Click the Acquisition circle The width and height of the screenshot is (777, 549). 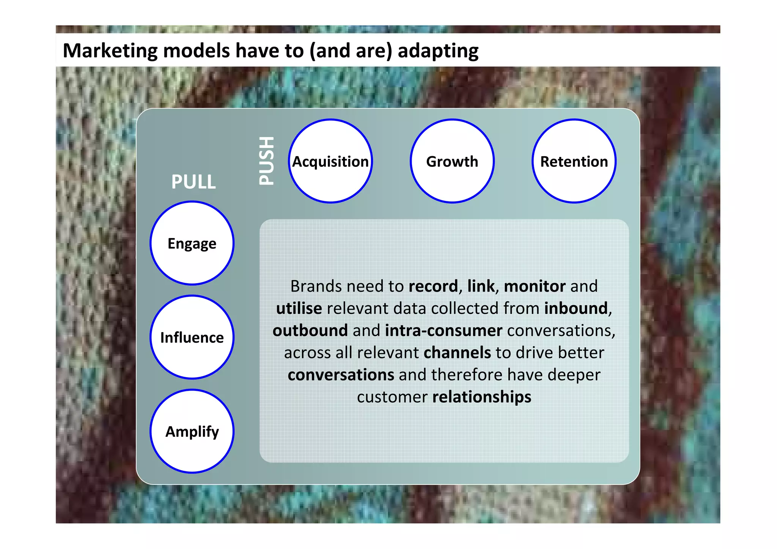330,161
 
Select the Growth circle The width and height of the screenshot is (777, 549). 452,161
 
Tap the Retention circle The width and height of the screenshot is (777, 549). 574,161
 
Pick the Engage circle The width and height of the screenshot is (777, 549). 192,243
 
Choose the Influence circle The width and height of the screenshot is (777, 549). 192,337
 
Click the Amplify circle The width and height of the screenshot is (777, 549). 192,431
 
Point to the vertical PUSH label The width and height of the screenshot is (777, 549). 266,161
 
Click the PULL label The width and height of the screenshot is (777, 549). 193,182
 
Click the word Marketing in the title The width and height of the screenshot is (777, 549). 110,50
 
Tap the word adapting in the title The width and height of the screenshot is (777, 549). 438,50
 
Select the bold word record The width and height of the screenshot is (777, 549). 433,286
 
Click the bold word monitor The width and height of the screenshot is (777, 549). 535,286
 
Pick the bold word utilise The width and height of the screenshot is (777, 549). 299,308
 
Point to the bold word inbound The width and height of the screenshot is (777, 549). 576,308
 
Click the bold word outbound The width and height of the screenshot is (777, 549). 310,331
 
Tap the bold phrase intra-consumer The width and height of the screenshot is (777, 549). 444,331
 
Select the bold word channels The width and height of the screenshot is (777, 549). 457,353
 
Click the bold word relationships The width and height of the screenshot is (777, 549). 481,397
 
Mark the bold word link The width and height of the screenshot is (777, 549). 481,286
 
